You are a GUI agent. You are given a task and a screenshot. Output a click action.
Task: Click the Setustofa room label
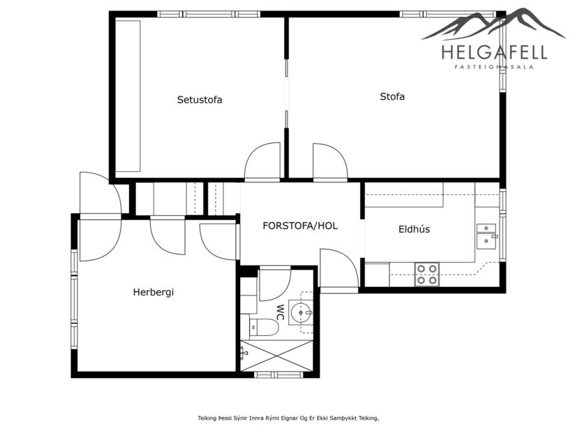click(200, 100)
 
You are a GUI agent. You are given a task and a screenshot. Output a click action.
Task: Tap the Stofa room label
click(392, 96)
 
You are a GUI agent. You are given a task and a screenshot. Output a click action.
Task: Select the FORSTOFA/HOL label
click(300, 226)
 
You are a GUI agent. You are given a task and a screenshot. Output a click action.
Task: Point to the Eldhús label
click(412, 228)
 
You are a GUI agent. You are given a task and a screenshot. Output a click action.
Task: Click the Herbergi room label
click(153, 292)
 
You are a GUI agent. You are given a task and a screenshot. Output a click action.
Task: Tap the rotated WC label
click(280, 311)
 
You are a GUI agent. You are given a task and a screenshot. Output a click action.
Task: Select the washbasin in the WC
click(301, 313)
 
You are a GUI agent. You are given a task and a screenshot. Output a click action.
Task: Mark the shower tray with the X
click(276, 355)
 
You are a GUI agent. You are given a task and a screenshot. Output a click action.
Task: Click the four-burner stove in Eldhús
click(426, 274)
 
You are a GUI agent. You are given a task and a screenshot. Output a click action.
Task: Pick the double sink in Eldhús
click(486, 235)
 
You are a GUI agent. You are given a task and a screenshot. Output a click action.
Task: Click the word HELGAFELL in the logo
click(494, 52)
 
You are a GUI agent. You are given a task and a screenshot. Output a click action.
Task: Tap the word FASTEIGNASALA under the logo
click(494, 67)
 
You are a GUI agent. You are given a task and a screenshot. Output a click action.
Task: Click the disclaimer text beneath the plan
click(288, 418)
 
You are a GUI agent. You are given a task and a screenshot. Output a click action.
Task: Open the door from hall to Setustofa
click(262, 162)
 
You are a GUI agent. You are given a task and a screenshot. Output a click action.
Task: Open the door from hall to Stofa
click(329, 162)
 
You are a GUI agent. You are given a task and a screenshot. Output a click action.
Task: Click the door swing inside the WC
click(273, 284)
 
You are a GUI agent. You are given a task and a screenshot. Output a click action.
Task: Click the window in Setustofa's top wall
click(208, 14)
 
